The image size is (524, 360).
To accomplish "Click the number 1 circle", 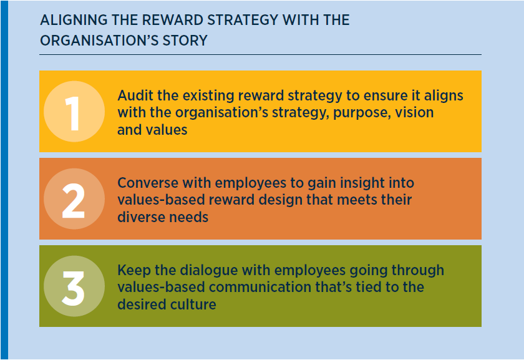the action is (x=74, y=111).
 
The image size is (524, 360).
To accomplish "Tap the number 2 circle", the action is (x=74, y=199).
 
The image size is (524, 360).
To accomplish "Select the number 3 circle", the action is (x=74, y=286).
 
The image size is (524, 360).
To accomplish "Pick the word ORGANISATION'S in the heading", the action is (x=99, y=41).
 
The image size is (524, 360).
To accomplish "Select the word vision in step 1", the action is (x=414, y=112).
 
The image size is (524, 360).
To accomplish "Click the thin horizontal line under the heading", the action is (x=260, y=54).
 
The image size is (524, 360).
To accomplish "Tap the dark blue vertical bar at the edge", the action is (x=4, y=180).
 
